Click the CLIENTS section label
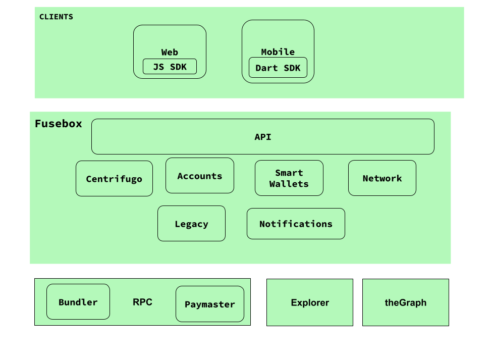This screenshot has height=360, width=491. (56, 17)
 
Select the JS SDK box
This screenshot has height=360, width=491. (170, 67)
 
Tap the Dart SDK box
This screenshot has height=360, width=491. (278, 67)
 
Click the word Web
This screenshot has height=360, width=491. (170, 52)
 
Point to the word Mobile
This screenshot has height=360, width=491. (278, 52)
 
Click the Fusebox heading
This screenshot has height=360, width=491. (58, 124)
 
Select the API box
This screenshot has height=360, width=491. (263, 137)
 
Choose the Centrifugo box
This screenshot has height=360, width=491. (114, 179)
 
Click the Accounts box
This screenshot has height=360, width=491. (200, 176)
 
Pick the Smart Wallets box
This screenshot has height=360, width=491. (289, 178)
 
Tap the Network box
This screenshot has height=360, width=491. (382, 178)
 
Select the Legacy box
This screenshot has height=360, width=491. (191, 223)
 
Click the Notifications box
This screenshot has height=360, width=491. (296, 224)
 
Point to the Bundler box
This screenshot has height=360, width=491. (78, 302)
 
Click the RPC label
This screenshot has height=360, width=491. (142, 302)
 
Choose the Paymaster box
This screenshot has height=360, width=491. (210, 304)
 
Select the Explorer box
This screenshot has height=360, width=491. (310, 302)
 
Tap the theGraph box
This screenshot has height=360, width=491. (406, 302)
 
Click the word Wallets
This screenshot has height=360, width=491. (289, 184)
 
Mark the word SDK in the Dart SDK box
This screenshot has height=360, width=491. (292, 68)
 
